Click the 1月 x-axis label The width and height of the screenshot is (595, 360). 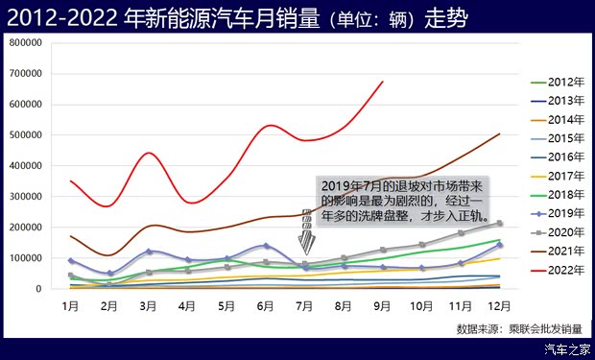[70, 306]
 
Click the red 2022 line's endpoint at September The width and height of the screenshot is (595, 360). [383, 82]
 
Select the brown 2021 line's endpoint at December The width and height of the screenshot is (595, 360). [500, 134]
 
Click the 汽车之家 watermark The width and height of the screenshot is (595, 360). [563, 349]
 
